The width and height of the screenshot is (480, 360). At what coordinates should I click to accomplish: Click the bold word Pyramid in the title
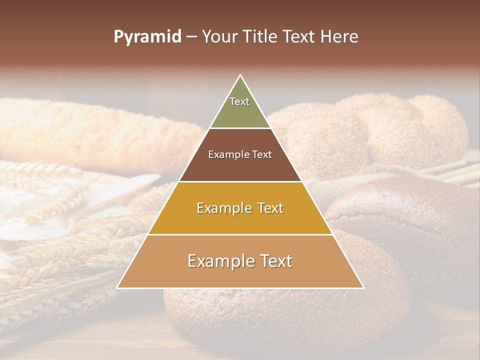[147, 37]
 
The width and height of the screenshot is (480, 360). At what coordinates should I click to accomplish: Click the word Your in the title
[220, 37]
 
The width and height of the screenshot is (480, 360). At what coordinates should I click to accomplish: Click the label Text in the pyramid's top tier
[239, 102]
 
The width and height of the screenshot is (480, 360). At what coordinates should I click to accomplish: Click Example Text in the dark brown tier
[240, 154]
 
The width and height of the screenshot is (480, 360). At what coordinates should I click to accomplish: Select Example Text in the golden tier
[240, 208]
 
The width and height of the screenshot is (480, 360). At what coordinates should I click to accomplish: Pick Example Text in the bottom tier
[240, 261]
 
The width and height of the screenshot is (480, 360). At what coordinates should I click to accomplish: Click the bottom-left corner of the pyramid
[117, 288]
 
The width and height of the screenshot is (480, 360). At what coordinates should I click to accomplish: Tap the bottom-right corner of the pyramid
[363, 288]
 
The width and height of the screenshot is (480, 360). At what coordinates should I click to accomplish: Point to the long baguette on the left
[100, 130]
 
